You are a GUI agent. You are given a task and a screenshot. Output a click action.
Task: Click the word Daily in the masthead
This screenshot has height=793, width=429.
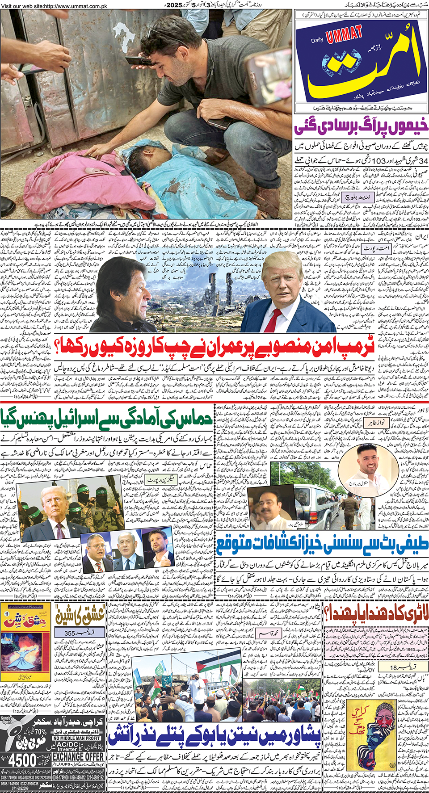tap(317, 41)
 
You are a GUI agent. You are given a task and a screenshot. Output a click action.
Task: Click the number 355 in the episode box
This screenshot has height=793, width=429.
tap(70, 633)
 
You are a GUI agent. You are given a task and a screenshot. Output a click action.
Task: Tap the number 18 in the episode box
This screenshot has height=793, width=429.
tap(393, 667)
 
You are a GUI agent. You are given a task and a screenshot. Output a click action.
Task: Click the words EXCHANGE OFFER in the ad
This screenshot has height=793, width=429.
tap(78, 757)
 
